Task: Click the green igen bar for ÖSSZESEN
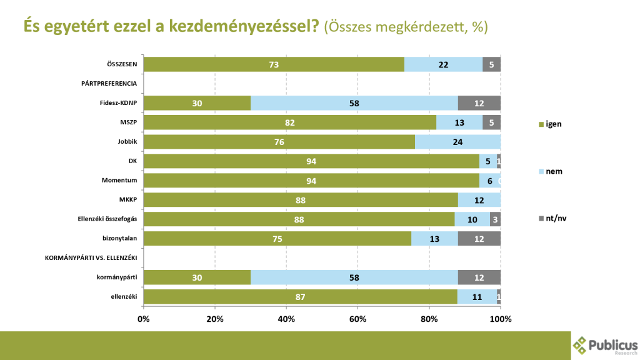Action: (274, 64)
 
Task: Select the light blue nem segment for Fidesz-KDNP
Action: (354, 103)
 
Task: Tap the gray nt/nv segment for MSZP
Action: (491, 122)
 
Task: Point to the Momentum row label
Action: (119, 181)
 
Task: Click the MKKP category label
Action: (128, 200)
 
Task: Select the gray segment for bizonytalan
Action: (479, 239)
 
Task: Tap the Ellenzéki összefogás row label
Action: (101, 219)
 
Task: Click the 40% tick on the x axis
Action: (286, 319)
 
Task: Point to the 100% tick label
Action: (501, 319)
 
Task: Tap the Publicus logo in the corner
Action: (604, 345)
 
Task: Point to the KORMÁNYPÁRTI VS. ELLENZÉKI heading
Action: (91, 258)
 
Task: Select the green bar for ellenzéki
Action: (300, 297)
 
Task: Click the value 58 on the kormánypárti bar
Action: (354, 277)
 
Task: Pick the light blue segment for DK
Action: (487, 161)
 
